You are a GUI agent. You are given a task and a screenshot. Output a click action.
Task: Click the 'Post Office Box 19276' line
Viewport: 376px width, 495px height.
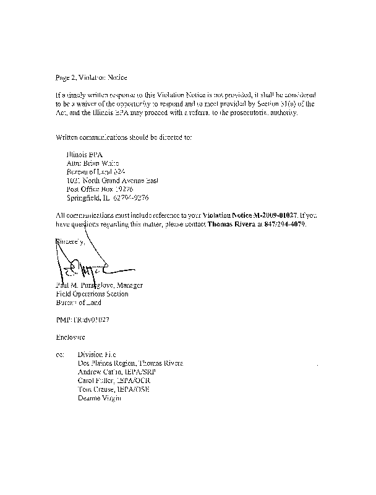(100, 188)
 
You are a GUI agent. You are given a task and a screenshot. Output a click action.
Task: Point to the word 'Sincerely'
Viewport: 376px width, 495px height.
(72, 242)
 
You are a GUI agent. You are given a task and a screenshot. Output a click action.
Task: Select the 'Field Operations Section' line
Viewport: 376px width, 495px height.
(92, 294)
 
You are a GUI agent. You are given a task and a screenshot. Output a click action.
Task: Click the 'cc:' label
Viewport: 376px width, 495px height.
(59, 356)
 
